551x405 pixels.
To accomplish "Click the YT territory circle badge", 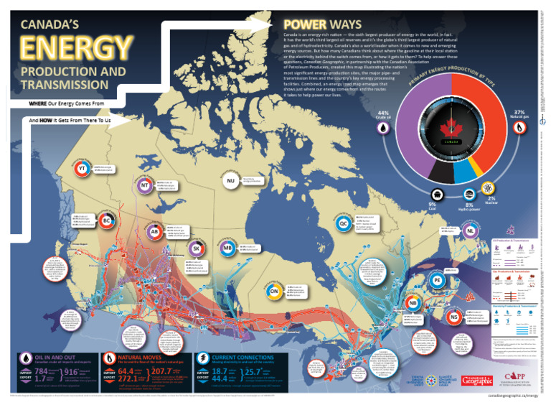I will click(x=82, y=169).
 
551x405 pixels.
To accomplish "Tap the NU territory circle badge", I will click(x=230, y=181).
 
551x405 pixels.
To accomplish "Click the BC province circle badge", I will click(x=106, y=220).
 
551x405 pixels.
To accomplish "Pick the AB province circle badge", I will click(x=154, y=232).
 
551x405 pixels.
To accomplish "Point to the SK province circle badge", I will click(x=196, y=248).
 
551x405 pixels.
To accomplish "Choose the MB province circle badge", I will click(x=227, y=249).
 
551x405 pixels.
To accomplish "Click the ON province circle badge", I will click(x=254, y=292).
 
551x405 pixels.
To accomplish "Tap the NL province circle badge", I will click(x=470, y=231).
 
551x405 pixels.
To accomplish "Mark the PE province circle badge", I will click(x=435, y=280).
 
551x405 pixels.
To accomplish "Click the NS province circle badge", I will click(x=453, y=316).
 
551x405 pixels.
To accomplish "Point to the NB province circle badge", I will click(x=411, y=302).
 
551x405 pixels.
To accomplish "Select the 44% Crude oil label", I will click(x=383, y=116).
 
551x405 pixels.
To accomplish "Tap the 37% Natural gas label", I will click(x=519, y=116).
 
